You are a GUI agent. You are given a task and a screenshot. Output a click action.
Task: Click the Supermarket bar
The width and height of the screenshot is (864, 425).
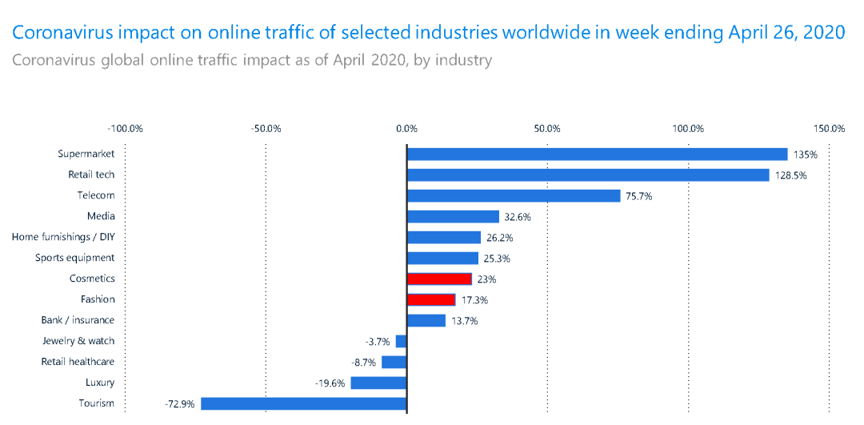[x=598, y=154]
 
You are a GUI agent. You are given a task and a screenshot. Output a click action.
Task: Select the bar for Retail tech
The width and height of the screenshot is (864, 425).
[x=588, y=174]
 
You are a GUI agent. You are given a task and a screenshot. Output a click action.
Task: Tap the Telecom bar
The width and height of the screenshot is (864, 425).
[x=514, y=195]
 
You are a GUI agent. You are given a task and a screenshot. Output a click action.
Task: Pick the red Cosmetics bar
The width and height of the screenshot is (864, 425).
[x=439, y=279]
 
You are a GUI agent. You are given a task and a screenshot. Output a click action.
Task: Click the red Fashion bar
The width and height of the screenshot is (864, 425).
[x=431, y=299]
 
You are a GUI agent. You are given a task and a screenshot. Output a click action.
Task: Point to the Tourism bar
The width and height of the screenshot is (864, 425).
[x=304, y=403]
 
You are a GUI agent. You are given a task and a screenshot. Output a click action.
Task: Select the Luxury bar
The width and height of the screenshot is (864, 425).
[x=378, y=383]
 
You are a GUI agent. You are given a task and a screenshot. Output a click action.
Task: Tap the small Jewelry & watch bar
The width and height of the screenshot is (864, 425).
[x=401, y=341]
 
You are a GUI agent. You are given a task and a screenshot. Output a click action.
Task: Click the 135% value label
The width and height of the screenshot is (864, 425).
[x=806, y=154]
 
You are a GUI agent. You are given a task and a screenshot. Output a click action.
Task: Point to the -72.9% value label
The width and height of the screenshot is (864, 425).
[x=180, y=404]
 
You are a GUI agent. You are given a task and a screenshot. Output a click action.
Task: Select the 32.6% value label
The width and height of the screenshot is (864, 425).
[x=518, y=217]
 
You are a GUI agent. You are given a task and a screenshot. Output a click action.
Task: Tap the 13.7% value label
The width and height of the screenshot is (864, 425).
[x=465, y=321]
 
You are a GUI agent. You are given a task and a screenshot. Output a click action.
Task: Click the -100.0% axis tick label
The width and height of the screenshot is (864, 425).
[x=125, y=128]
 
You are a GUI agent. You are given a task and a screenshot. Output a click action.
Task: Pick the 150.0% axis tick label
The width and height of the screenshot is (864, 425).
[x=829, y=128]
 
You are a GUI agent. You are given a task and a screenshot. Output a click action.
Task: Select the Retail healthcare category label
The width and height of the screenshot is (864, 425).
[x=78, y=362]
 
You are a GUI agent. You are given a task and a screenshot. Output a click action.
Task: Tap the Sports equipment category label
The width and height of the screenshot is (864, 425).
[x=74, y=258]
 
